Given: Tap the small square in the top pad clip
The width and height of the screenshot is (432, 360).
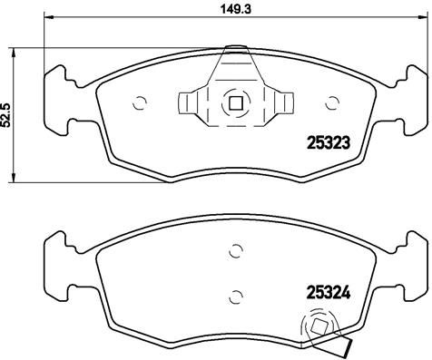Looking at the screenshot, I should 235,102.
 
